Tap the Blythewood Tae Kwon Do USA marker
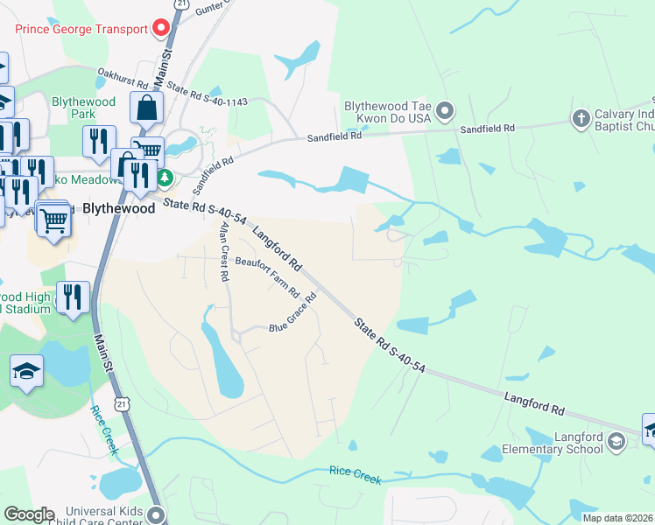point(445,111)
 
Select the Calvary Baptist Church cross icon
point(580,118)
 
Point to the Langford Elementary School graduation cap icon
point(618,441)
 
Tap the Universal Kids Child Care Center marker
point(157,514)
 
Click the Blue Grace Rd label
point(292,315)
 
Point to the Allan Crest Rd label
point(225,251)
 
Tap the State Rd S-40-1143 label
point(207,95)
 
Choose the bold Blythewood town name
point(123,209)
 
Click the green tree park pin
point(164,178)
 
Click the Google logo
point(29,514)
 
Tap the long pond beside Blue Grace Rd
point(224,359)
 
